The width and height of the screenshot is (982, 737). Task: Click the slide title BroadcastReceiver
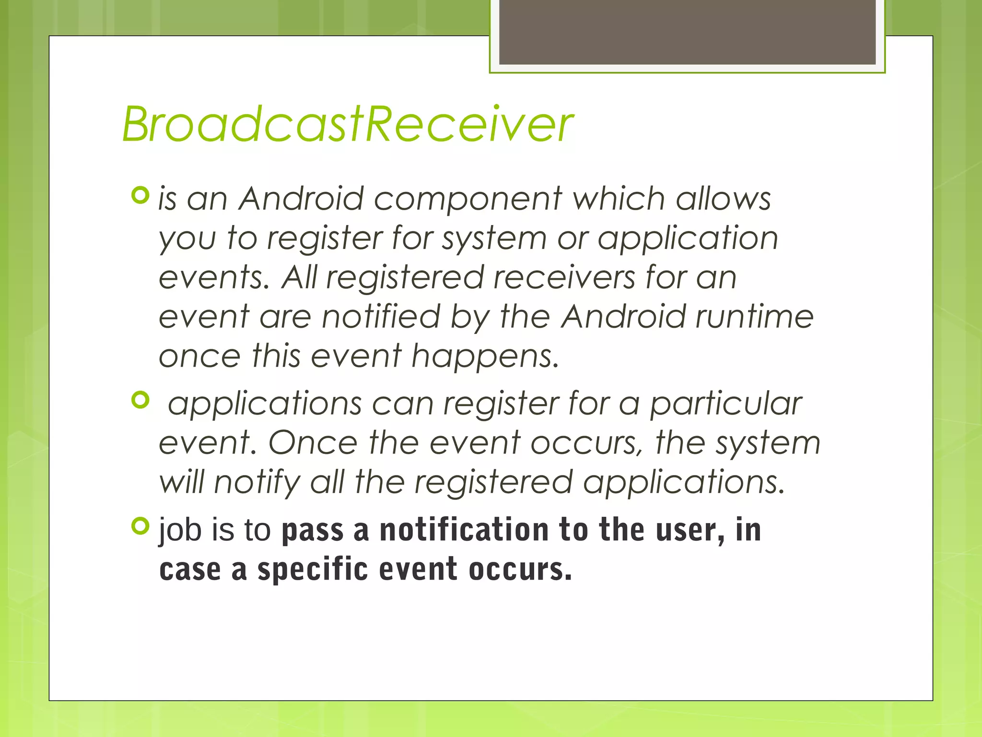(x=348, y=124)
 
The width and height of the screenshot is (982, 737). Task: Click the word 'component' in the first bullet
(x=468, y=199)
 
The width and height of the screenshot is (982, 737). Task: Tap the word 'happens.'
(x=485, y=357)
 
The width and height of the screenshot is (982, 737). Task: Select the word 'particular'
(x=725, y=404)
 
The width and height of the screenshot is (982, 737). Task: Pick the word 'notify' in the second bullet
(x=257, y=483)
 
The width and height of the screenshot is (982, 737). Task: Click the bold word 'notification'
(x=464, y=530)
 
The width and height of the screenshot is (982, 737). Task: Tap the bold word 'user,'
(x=690, y=530)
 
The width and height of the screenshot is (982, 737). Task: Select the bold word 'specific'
(x=312, y=570)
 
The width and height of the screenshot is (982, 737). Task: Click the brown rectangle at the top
(x=687, y=32)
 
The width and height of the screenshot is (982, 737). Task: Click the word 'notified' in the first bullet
(x=381, y=317)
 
